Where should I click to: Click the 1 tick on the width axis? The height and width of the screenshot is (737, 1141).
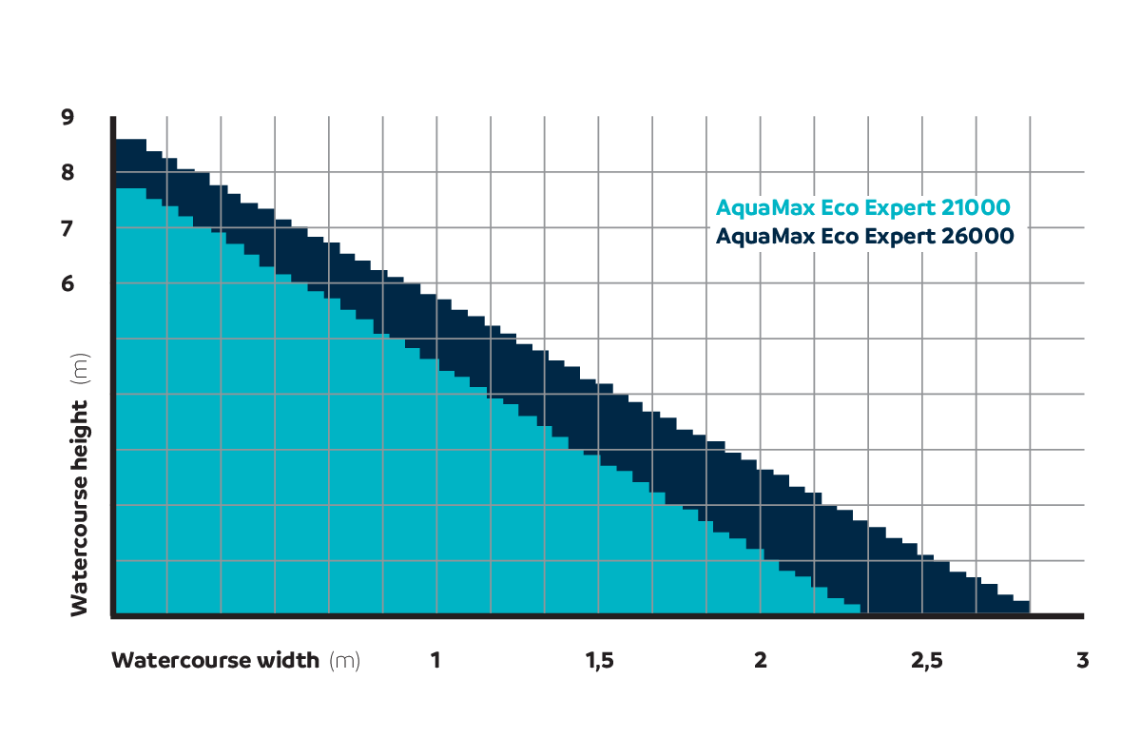(x=435, y=660)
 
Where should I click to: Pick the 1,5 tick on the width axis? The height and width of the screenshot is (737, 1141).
(x=598, y=660)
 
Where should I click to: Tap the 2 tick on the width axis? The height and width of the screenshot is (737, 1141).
(x=761, y=660)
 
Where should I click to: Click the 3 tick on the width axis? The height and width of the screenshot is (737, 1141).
(x=1082, y=660)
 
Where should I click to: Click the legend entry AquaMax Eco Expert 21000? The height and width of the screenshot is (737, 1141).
(x=862, y=207)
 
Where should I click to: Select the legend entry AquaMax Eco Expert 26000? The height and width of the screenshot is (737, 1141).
(x=864, y=236)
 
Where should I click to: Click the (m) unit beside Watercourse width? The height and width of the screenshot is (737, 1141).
(x=344, y=660)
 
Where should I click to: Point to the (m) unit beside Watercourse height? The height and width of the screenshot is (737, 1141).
(x=80, y=367)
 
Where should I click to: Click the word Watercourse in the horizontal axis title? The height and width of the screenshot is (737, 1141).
(x=174, y=660)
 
